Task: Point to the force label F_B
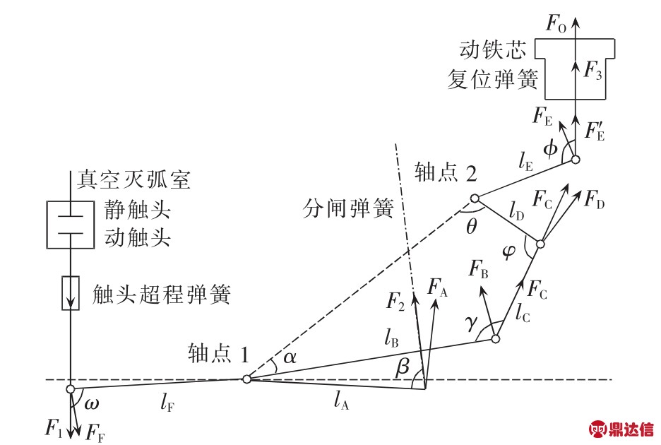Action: coord(482,268)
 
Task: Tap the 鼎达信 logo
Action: coord(622,429)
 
